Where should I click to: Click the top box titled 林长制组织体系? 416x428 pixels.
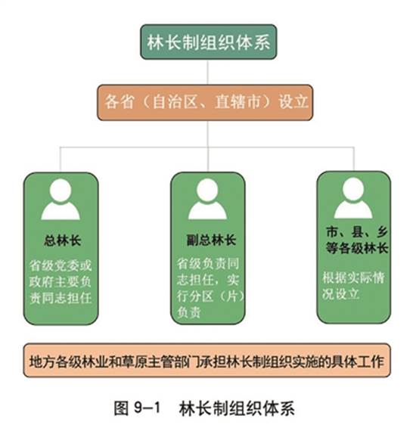click(209, 42)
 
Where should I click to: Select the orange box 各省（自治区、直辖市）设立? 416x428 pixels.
click(205, 102)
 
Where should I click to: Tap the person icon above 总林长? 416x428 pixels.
click(61, 200)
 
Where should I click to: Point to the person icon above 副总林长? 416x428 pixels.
click(207, 199)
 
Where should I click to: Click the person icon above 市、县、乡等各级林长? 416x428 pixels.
click(353, 198)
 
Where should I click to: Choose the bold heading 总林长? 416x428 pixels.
click(63, 240)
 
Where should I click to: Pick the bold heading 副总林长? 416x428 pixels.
click(211, 240)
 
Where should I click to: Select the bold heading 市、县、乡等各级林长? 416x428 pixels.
click(357, 240)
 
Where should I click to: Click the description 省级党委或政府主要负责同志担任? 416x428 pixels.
click(61, 282)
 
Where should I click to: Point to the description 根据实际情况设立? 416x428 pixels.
click(353, 286)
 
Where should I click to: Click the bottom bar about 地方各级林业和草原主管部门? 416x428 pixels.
click(207, 360)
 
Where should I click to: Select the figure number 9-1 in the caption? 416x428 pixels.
click(147, 408)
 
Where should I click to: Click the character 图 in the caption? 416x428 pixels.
click(121, 408)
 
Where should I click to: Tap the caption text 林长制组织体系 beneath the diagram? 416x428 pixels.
click(237, 408)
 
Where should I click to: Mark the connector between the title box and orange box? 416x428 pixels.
click(207, 72)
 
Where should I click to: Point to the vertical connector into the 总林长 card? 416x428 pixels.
click(61, 160)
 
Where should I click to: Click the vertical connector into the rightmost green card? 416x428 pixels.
click(354, 159)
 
